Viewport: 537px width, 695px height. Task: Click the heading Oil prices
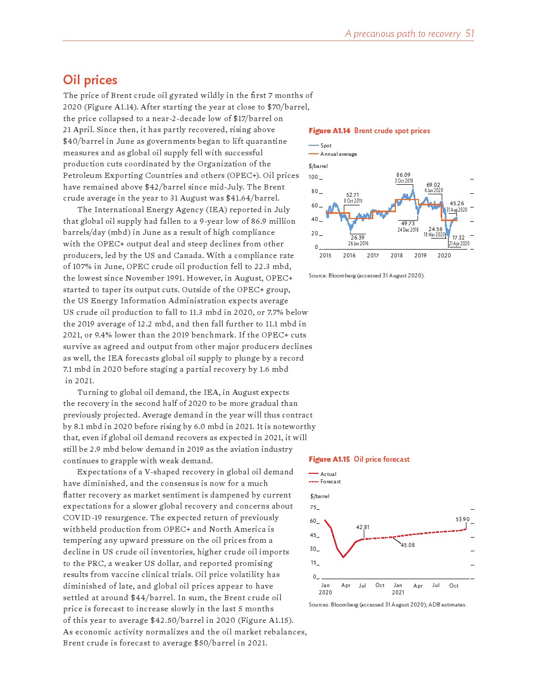tap(90, 80)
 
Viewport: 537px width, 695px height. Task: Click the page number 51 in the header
tap(470, 34)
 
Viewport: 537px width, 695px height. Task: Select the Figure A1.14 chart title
tap(369, 131)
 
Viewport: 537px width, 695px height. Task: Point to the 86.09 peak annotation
tap(403, 175)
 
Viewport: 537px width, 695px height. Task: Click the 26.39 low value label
tap(357, 237)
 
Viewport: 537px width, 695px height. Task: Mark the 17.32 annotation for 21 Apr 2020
tap(459, 237)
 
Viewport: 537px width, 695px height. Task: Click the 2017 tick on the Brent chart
tap(373, 255)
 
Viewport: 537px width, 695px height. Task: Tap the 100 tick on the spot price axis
tap(313, 177)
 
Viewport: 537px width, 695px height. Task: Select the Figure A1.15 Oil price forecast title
tap(359, 459)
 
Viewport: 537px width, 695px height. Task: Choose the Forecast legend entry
tap(330, 481)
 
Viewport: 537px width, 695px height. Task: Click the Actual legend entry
tap(328, 474)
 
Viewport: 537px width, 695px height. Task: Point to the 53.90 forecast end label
tap(462, 519)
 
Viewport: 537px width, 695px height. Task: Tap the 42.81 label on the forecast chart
tap(363, 527)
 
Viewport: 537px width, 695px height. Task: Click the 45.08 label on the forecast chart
tap(407, 545)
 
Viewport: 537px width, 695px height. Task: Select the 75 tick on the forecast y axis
tap(314, 508)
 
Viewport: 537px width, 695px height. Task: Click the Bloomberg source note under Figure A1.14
tap(366, 275)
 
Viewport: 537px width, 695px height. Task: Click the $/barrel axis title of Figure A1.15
tap(320, 496)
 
